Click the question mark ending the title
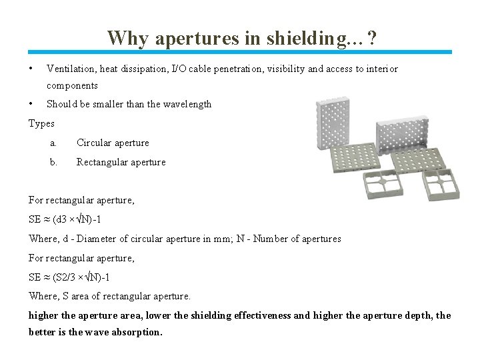tap(371, 38)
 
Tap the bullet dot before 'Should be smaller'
tap(31, 104)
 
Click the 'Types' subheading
tap(42, 123)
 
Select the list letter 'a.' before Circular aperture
tap(53, 143)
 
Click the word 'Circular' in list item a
tap(93, 143)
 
